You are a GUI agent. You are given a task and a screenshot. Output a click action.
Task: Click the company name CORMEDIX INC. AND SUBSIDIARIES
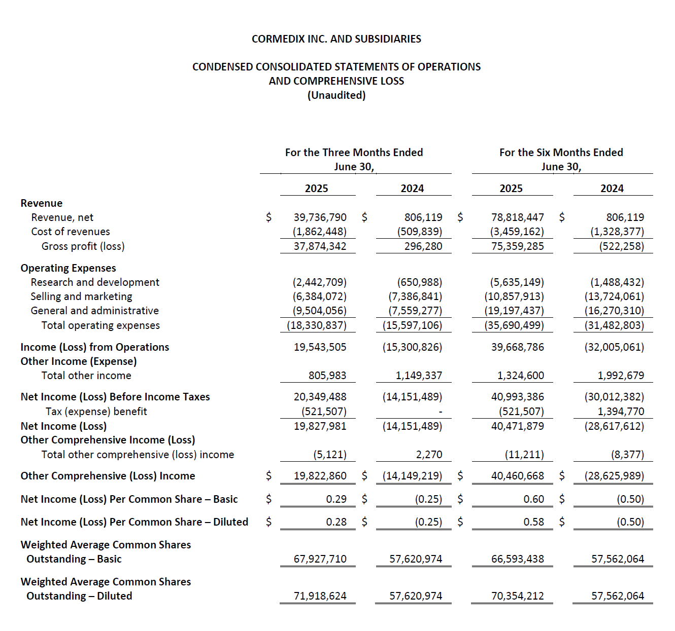[x=336, y=39]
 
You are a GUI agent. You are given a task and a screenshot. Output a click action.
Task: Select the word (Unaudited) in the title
[x=336, y=95]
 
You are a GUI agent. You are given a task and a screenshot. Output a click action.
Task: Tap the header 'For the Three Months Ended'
[x=354, y=153]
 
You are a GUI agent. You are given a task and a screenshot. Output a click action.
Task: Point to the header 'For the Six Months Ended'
[x=561, y=153]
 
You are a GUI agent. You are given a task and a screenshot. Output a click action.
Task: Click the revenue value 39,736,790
[x=320, y=217]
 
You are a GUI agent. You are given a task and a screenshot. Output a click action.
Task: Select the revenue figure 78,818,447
[x=517, y=217]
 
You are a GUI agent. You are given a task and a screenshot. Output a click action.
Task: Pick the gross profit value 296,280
[x=423, y=246]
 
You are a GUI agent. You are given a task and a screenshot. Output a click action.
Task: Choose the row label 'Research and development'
[x=95, y=282]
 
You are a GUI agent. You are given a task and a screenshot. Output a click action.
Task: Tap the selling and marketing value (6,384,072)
[x=319, y=296]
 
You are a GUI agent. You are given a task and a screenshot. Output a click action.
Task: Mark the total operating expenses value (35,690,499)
[x=514, y=325]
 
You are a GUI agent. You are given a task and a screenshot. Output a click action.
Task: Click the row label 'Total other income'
[x=86, y=376]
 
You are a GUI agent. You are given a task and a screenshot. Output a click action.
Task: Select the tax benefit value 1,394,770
[x=620, y=412]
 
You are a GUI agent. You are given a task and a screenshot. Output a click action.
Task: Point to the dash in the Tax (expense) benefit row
[x=440, y=412]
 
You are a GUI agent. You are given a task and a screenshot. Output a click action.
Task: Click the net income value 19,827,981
[x=320, y=426]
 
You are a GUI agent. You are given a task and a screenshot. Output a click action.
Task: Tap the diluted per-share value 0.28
[x=336, y=522]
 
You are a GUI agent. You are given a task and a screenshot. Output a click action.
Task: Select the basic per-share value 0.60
[x=533, y=499]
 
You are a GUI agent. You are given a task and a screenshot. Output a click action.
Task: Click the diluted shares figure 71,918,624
[x=320, y=596]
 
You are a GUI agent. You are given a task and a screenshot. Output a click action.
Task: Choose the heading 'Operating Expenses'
[x=68, y=268]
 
